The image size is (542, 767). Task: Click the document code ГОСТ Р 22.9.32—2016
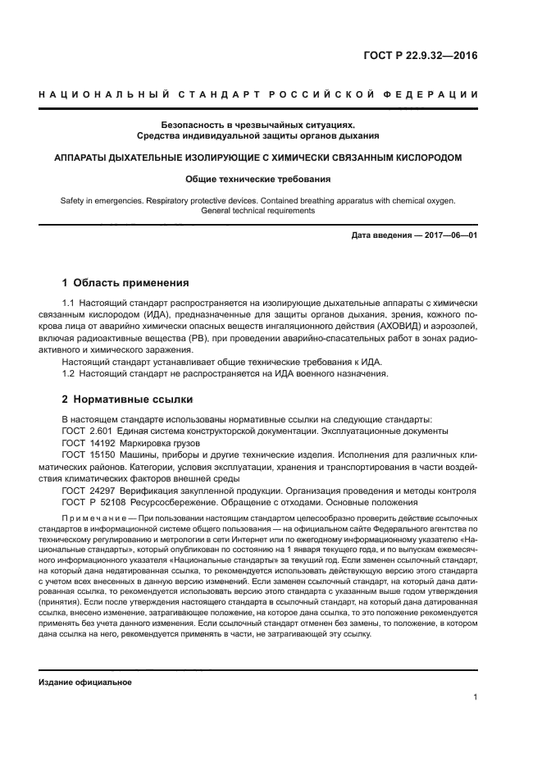tap(419, 57)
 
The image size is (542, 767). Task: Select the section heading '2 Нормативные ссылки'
tap(127, 399)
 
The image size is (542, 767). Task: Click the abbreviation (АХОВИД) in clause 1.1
tap(390, 326)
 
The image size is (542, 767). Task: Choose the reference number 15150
tap(104, 454)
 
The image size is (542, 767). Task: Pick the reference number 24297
tap(104, 490)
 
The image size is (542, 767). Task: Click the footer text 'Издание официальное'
tap(85, 682)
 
